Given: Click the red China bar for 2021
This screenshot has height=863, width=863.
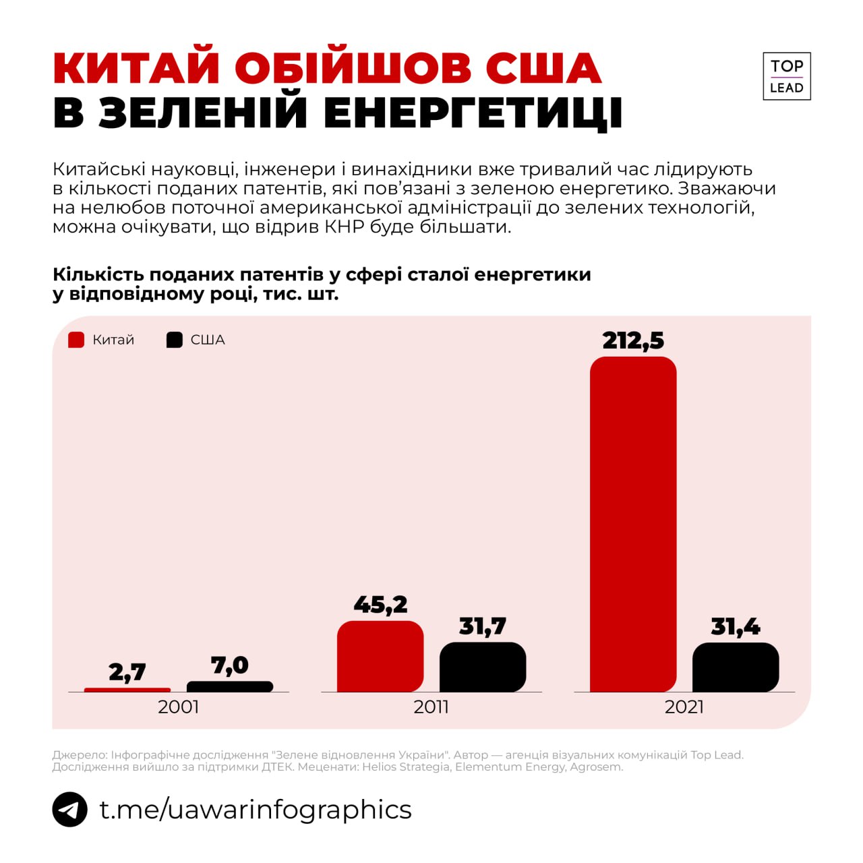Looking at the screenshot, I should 633,524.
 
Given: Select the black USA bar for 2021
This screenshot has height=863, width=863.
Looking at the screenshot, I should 736,667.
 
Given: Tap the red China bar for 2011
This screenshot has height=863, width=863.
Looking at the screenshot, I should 380,656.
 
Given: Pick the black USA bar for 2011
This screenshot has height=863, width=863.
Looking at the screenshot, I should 483,667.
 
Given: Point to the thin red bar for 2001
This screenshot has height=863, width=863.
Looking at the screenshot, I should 127,690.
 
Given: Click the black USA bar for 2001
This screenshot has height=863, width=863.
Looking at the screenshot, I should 230,686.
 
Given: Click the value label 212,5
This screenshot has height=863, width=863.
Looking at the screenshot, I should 633,340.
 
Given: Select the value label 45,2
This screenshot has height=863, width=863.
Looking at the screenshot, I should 380,605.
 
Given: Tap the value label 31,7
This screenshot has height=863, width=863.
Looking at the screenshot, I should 483,626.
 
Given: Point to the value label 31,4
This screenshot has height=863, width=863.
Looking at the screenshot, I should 736,627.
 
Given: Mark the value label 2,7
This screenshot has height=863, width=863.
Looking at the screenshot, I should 127,672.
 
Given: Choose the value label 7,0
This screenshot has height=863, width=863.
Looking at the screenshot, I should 230,665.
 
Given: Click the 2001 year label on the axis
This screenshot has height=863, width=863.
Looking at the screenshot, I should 179,707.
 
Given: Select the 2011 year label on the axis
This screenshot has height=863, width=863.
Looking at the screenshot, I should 431,707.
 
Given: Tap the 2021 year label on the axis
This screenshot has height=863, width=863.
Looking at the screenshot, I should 684,707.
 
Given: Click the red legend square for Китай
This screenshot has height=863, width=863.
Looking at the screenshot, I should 76,340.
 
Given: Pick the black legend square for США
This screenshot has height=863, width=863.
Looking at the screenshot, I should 175,340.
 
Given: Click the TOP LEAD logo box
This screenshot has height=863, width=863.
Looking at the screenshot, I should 787,76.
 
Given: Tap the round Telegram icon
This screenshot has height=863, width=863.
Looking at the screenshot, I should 70,809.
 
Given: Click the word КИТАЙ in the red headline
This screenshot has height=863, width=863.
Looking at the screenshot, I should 137,68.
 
